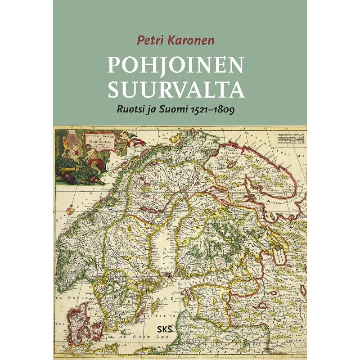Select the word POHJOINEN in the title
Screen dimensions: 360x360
click(175, 66)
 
